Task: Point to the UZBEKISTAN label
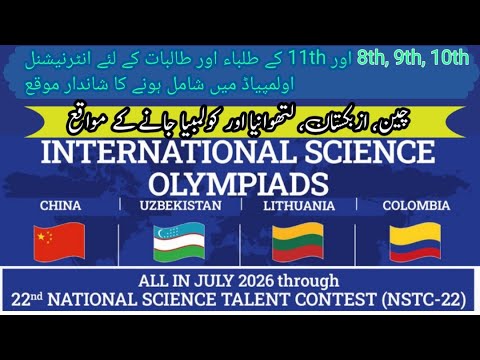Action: click(175, 206)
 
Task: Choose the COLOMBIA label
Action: click(416, 206)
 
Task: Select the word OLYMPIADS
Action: click(239, 184)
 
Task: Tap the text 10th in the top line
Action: click(446, 56)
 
